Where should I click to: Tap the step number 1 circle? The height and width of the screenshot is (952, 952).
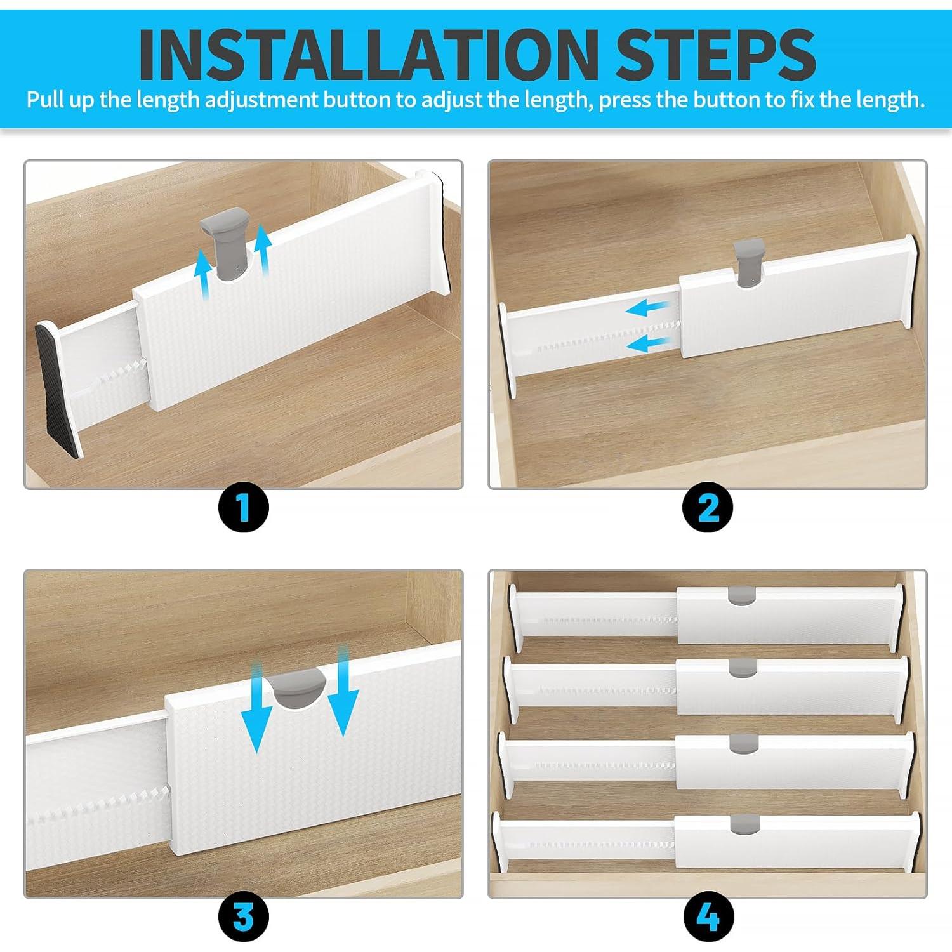point(244,507)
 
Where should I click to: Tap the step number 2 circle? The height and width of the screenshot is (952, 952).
point(708,507)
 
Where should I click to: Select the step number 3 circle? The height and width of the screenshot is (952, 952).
point(244,916)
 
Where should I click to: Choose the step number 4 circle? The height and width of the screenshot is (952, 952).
point(708,916)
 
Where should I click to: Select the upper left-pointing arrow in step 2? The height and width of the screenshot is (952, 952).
point(647,309)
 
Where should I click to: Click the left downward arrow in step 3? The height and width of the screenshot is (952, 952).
point(256,704)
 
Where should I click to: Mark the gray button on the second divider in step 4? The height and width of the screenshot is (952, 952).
point(743,666)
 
